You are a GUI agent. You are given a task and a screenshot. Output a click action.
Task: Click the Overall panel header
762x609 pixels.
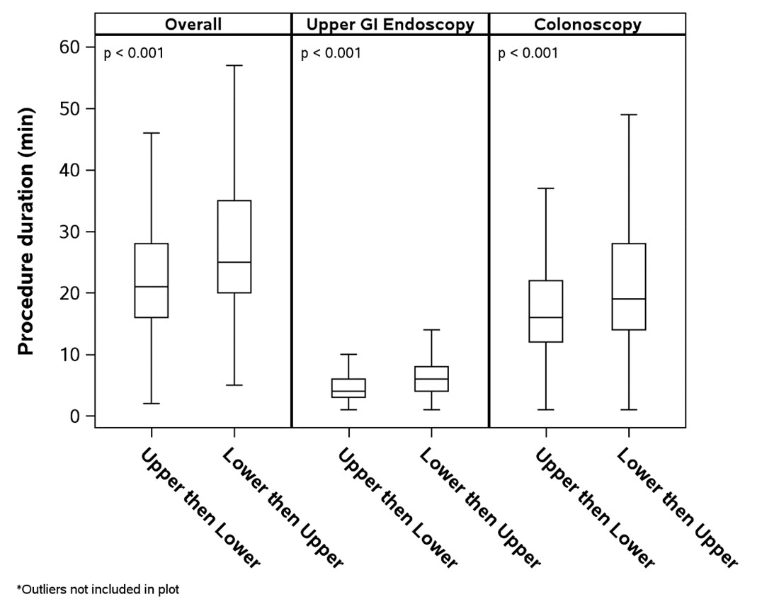point(193,24)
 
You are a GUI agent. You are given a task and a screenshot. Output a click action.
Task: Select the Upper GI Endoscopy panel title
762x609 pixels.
point(390,25)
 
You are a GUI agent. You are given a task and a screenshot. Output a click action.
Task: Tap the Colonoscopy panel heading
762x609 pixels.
point(588,25)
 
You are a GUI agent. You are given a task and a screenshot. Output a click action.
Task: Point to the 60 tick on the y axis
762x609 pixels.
point(69,47)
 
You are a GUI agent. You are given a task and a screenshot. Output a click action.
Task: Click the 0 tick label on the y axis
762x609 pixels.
point(74,416)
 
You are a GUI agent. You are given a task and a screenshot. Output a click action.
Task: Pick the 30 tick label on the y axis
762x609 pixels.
point(69,232)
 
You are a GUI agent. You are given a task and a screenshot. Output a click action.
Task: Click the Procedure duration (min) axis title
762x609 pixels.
point(26,232)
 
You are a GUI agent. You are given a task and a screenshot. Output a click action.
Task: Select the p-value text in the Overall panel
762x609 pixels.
point(134,53)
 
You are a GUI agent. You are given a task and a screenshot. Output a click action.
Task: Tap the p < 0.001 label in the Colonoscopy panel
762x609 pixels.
point(528,53)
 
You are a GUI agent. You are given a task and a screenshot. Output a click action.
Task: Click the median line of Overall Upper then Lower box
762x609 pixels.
point(151,287)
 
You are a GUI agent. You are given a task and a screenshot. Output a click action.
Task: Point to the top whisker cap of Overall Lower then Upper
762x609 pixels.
point(234,65)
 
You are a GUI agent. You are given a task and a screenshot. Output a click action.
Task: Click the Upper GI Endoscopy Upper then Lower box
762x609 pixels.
point(348,388)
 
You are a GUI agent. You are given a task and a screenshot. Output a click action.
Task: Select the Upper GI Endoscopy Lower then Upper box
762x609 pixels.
point(431,379)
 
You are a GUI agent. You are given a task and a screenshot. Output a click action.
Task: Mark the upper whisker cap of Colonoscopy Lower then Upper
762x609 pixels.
point(629,115)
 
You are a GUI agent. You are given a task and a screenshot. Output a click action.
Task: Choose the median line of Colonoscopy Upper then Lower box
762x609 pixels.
point(546,317)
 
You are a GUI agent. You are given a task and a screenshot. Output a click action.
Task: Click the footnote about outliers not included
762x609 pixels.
point(98,590)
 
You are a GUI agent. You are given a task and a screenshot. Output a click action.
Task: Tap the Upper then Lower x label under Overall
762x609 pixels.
point(200,508)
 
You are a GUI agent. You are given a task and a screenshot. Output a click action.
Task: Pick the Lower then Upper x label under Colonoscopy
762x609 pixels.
point(677,508)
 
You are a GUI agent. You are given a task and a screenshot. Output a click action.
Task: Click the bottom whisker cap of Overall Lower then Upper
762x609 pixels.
point(234,385)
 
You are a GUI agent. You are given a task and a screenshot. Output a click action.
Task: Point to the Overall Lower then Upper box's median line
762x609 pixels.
point(234,263)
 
